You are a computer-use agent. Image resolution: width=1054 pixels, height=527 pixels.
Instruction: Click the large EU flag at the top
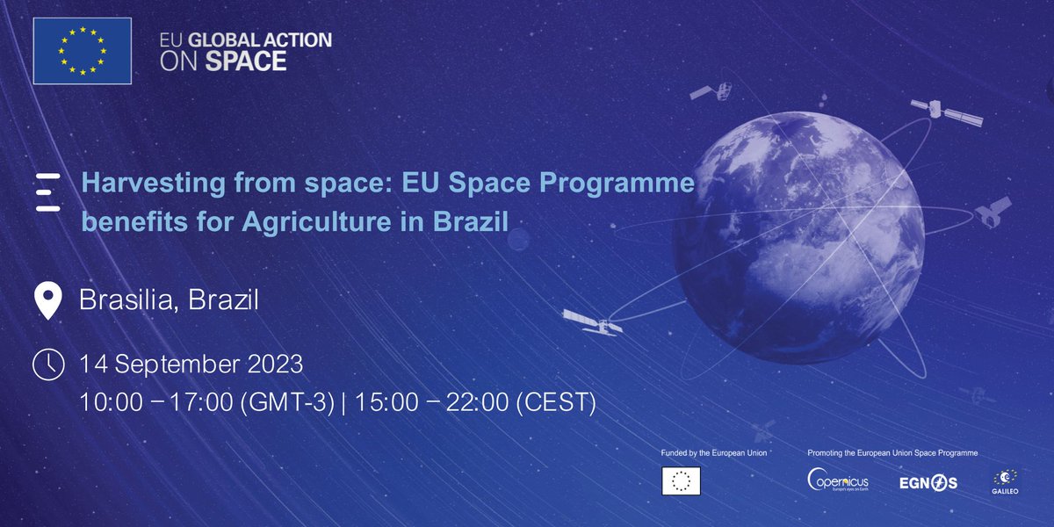point(83,50)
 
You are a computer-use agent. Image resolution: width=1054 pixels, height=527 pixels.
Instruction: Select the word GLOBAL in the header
point(222,40)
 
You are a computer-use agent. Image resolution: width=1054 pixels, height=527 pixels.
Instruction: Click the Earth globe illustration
point(798,244)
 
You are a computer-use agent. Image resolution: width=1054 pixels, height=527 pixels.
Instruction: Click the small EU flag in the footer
point(681,480)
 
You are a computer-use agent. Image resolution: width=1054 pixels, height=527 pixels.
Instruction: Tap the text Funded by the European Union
point(713,452)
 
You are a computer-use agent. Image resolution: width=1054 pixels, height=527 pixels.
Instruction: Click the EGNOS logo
point(928,482)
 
